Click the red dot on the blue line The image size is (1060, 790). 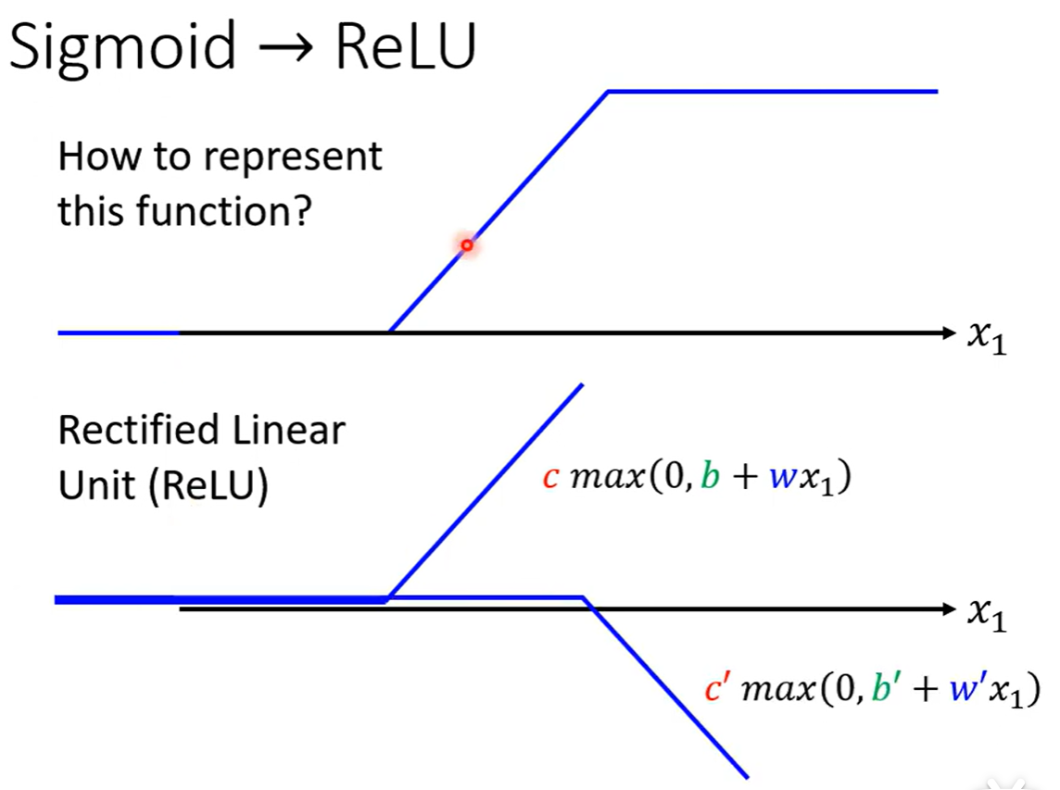(467, 245)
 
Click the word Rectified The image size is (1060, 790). (135, 431)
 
